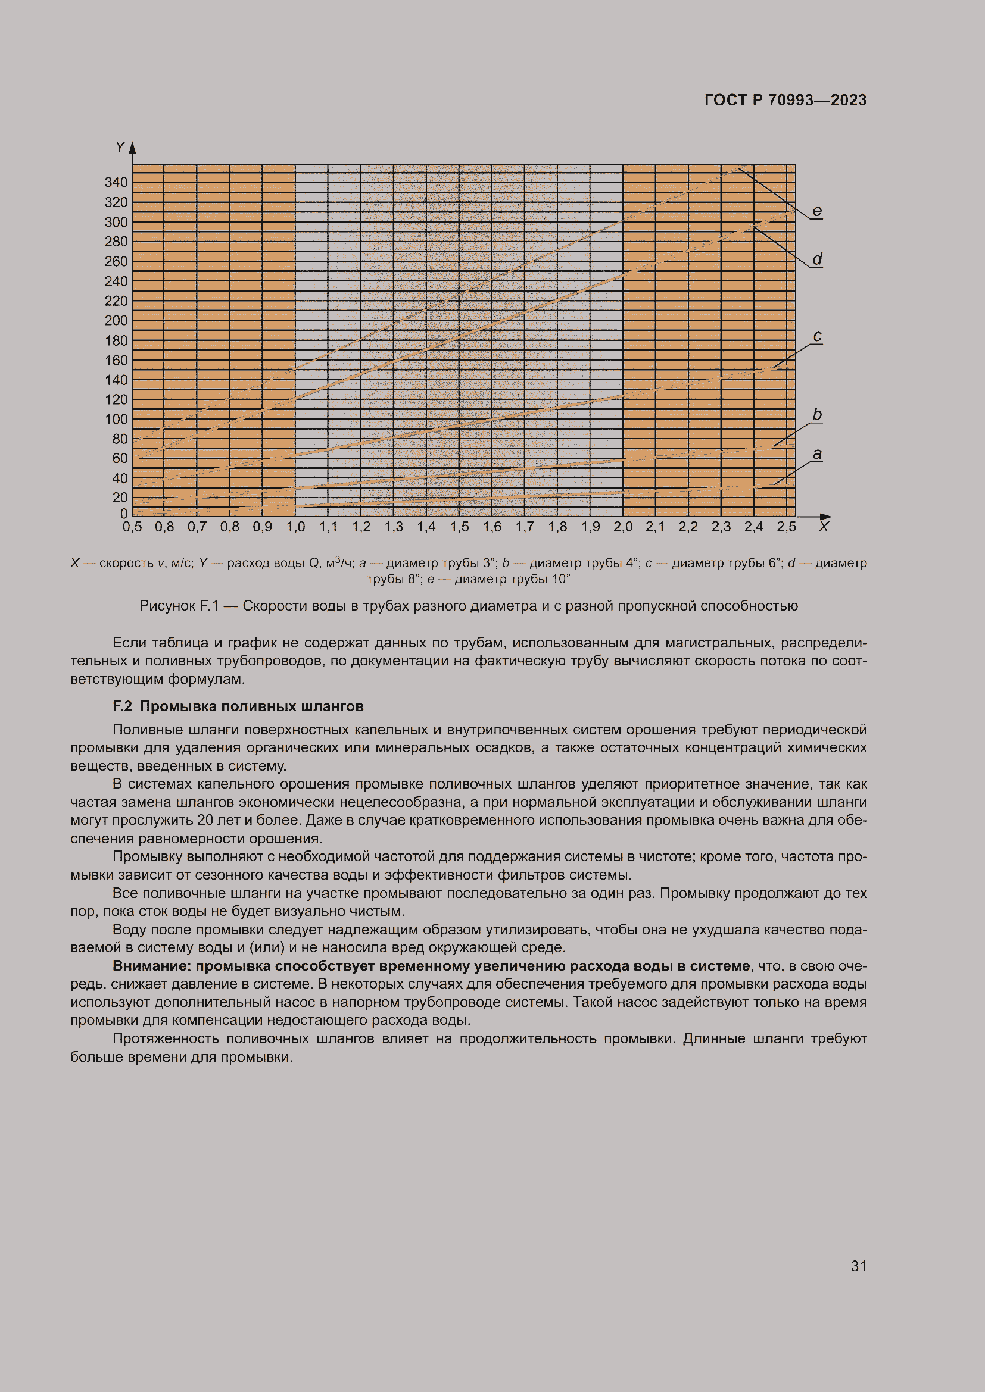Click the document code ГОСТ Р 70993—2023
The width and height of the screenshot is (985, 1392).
point(785,100)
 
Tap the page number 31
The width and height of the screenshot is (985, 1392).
point(858,1266)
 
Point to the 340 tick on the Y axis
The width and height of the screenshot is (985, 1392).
point(116,183)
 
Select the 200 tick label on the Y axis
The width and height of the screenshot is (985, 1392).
point(116,321)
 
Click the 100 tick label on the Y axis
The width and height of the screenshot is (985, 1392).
point(116,420)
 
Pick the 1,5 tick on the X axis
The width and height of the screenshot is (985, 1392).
point(459,527)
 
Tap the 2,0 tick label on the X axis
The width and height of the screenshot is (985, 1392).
point(623,527)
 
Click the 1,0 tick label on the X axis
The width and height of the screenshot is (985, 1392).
point(295,527)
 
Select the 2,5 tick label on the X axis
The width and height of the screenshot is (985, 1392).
point(787,527)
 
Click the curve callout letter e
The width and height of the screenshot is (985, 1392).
point(817,211)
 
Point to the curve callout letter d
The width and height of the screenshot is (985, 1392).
point(817,259)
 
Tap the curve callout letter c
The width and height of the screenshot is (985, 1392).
point(817,336)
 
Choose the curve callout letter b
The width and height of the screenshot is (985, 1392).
point(817,414)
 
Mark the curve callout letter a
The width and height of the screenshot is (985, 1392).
point(817,453)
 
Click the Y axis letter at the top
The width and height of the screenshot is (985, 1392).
point(120,148)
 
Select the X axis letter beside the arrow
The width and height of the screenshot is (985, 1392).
point(823,527)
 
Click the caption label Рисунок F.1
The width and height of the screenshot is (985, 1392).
point(178,606)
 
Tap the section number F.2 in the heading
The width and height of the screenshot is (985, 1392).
point(122,706)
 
